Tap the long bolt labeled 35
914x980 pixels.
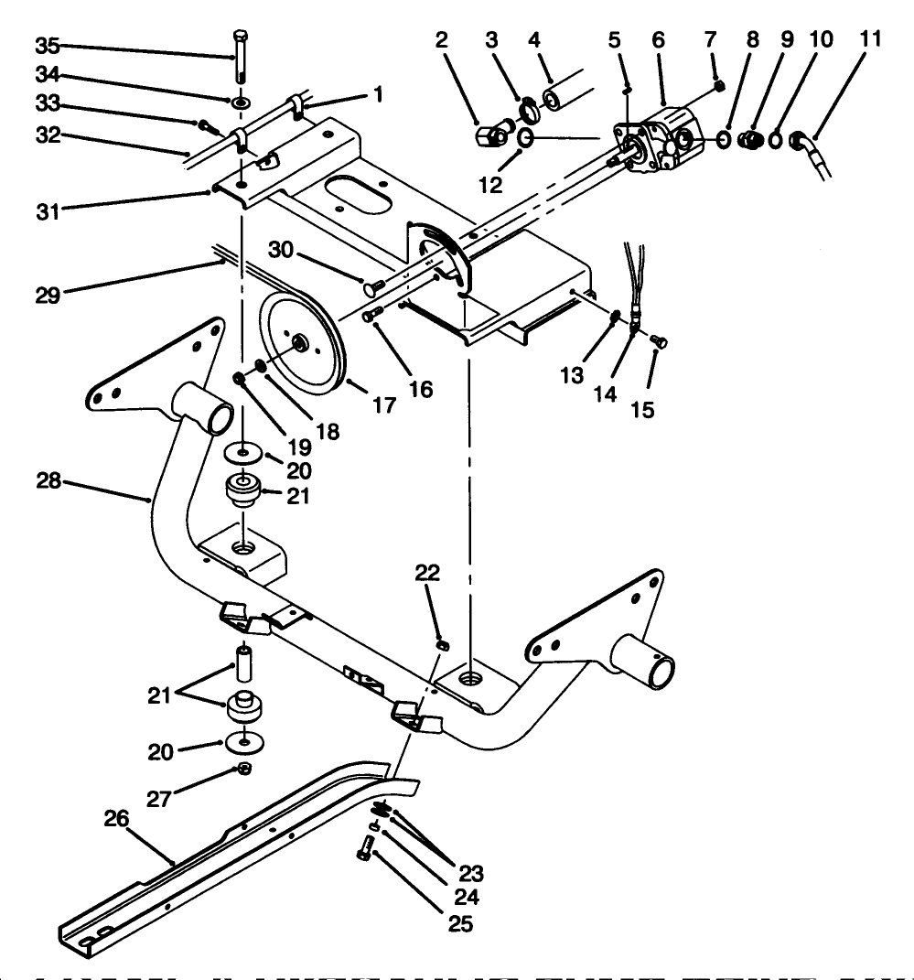240,60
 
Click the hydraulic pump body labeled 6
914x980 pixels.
665,137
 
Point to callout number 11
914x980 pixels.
869,39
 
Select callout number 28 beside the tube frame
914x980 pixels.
50,480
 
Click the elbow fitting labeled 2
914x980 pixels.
487,137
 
